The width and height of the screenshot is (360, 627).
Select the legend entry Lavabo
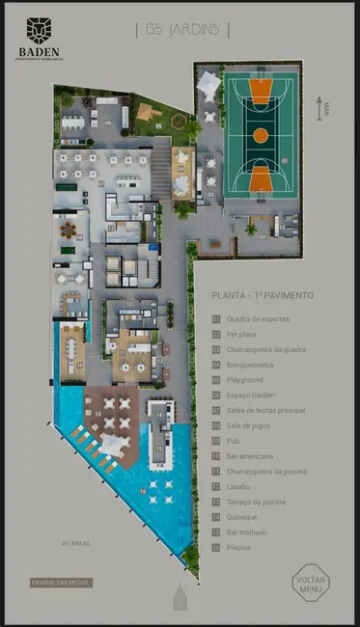[x=241, y=486]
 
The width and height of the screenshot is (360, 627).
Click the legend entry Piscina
[x=241, y=547]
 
